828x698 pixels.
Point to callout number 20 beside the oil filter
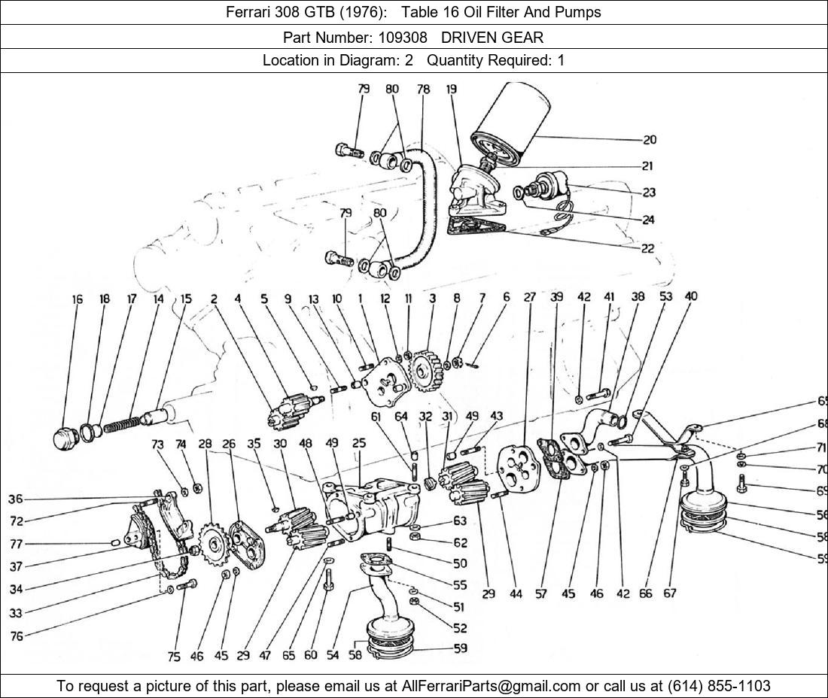point(650,139)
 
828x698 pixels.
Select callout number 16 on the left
point(78,299)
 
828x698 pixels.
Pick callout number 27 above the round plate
point(530,297)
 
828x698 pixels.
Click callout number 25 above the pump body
point(359,444)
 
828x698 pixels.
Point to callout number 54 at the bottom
point(333,655)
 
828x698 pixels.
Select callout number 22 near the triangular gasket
point(647,248)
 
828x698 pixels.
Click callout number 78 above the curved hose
point(423,89)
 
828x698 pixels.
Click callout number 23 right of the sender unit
point(649,193)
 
